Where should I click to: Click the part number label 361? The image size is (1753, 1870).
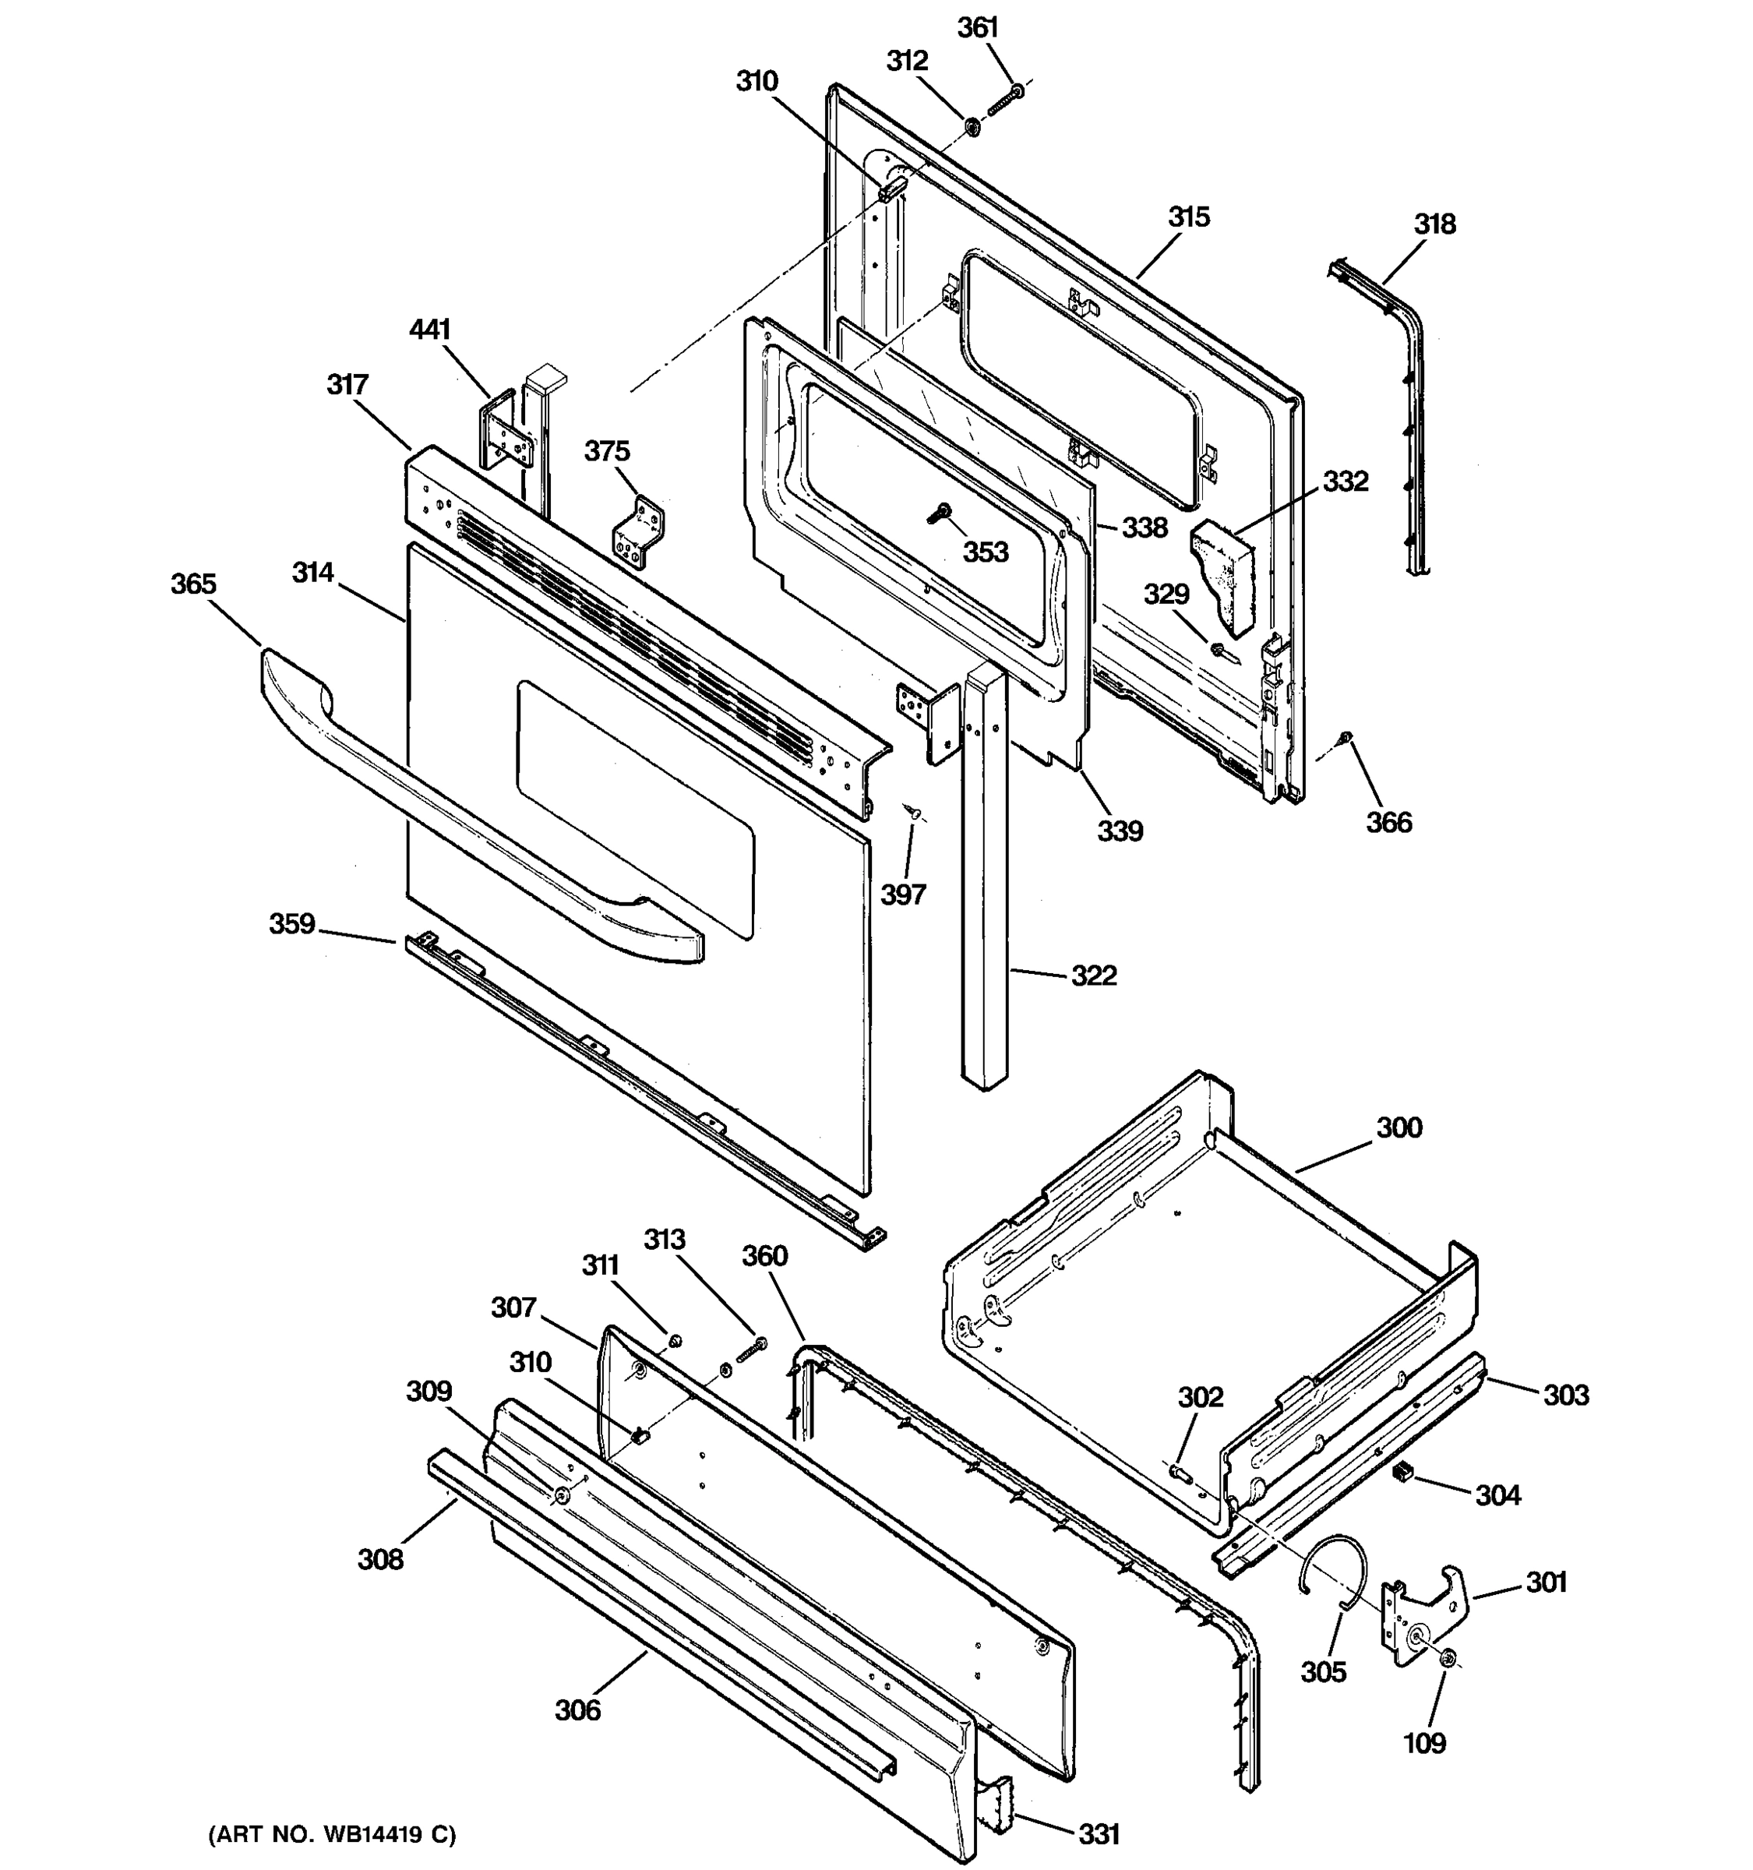(977, 28)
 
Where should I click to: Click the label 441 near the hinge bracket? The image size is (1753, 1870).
(430, 330)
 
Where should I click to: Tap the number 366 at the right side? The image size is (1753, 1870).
(1389, 823)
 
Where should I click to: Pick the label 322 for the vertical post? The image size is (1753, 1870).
(1094, 976)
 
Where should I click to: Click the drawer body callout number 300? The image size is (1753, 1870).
(1399, 1127)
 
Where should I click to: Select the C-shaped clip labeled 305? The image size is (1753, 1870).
(1328, 1570)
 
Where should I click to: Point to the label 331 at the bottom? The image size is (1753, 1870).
(1099, 1833)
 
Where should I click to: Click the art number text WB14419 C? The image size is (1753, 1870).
(331, 1834)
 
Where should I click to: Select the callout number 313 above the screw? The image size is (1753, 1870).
(664, 1240)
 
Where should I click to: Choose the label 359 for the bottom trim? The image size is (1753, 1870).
(291, 924)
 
